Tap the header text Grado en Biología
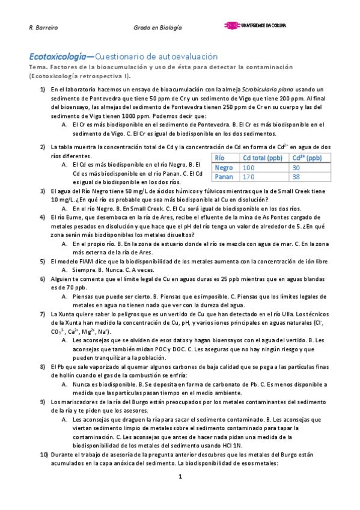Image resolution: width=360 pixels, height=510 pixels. click(158, 28)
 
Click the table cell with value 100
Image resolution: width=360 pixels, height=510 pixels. click(249, 168)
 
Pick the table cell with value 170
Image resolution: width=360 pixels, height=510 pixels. click(249, 177)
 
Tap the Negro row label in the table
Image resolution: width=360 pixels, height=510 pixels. click(224, 168)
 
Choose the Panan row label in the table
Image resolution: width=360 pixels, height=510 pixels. click(224, 177)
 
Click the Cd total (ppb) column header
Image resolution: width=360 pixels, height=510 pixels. click(263, 158)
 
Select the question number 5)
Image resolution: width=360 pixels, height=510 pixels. click(43, 261)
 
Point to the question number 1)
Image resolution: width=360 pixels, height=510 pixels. click(43, 90)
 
